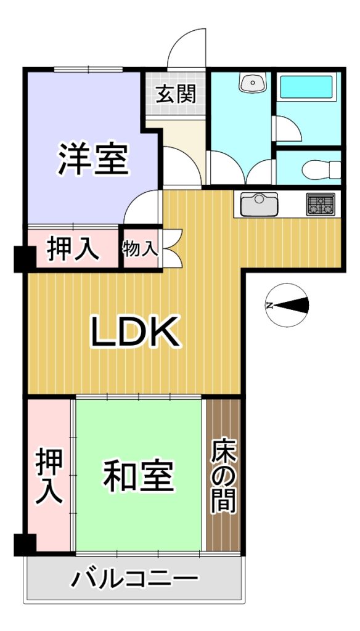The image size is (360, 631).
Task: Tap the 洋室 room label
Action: (94, 159)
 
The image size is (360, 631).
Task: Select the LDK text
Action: (135, 332)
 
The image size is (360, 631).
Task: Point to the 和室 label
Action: (139, 476)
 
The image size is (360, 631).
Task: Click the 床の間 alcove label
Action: (223, 476)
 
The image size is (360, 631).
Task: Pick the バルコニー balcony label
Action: (134, 580)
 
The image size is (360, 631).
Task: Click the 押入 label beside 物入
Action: (73, 250)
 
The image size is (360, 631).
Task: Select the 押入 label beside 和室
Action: (49, 476)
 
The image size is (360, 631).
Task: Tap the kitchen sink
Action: (259, 204)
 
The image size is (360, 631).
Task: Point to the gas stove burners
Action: (321, 204)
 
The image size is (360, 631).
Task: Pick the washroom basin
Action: (252, 82)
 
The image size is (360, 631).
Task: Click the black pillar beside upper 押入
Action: (25, 259)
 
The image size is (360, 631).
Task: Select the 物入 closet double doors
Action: (173, 248)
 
